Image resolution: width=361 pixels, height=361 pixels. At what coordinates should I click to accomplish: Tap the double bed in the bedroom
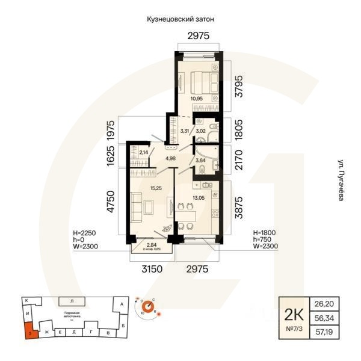pyautogui.click(x=201, y=79)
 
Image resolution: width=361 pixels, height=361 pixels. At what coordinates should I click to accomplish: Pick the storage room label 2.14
pyautogui.click(x=143, y=153)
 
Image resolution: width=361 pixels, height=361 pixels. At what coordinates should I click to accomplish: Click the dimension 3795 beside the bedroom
pyautogui.click(x=240, y=85)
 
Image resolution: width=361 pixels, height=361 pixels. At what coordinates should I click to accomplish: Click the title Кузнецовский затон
pyautogui.click(x=180, y=19)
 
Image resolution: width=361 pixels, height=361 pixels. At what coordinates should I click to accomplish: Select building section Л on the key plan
pyautogui.click(x=72, y=300)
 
